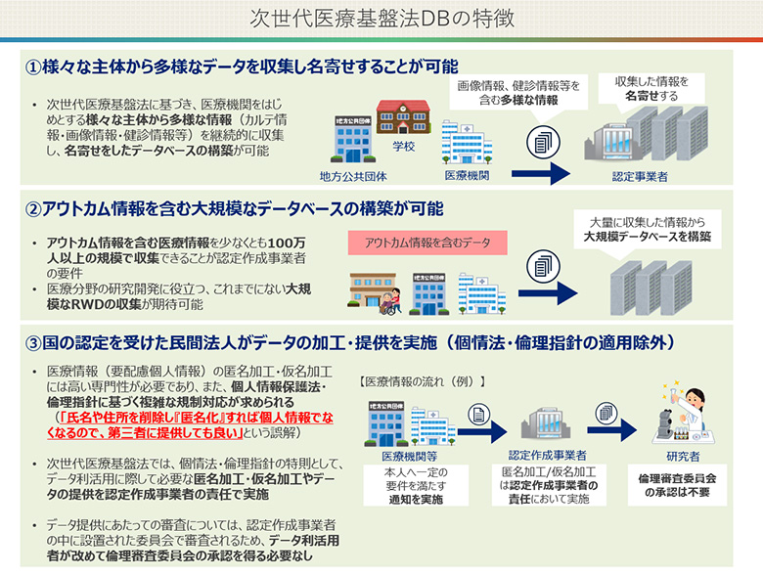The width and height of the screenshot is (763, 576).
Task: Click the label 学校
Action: pyautogui.click(x=404, y=147)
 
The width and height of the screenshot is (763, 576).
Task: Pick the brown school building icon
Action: pyautogui.click(x=404, y=117)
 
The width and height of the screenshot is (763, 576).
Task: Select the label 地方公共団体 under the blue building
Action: pyautogui.click(x=353, y=177)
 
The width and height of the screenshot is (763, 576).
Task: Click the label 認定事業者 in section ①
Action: pyautogui.click(x=640, y=177)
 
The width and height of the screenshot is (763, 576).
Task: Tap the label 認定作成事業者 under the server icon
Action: pyautogui.click(x=548, y=456)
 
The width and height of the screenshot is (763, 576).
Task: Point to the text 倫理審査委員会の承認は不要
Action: pyautogui.click(x=681, y=485)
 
